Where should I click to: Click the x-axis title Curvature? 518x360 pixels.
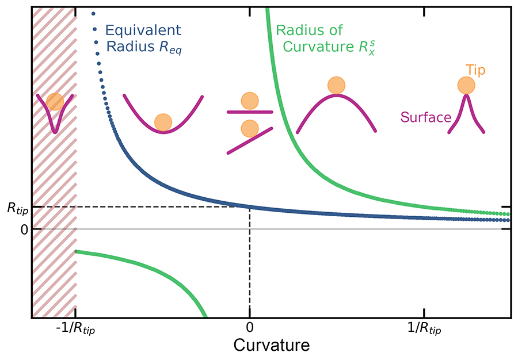pos(271,346)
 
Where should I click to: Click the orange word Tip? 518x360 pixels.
pos(475,71)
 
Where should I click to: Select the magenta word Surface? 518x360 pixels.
pos(425,118)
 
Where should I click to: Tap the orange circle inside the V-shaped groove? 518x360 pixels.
pos(55,102)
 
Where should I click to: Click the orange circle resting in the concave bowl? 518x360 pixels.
pos(163,122)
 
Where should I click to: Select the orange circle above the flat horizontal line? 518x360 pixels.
pos(249,101)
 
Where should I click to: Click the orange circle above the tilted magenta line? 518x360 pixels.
pos(249,128)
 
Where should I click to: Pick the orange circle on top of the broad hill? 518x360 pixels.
pos(336,85)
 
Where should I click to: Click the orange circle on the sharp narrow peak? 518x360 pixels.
pos(466,86)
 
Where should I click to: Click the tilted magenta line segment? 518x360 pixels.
pos(249,140)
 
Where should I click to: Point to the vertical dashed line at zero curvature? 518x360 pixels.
pos(249,259)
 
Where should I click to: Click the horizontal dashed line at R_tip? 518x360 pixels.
pos(144,206)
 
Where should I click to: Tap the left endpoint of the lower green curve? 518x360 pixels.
pos(76,251)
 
